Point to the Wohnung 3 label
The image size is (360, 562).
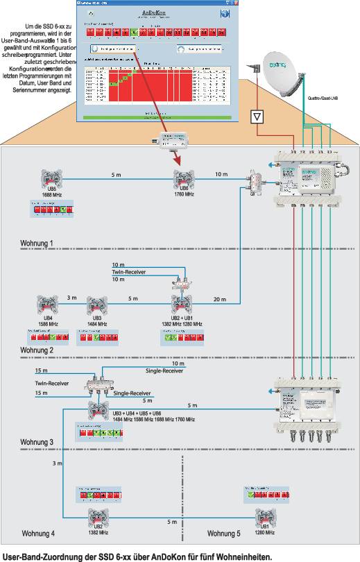click(37, 442)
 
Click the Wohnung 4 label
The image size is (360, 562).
click(38, 533)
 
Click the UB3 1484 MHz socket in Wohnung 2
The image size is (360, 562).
click(96, 306)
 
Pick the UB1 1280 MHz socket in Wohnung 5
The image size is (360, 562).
click(263, 517)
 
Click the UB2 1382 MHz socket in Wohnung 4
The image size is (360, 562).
click(98, 517)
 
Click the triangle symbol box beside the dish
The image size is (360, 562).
click(258, 117)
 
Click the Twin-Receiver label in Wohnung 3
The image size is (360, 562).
click(51, 382)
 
